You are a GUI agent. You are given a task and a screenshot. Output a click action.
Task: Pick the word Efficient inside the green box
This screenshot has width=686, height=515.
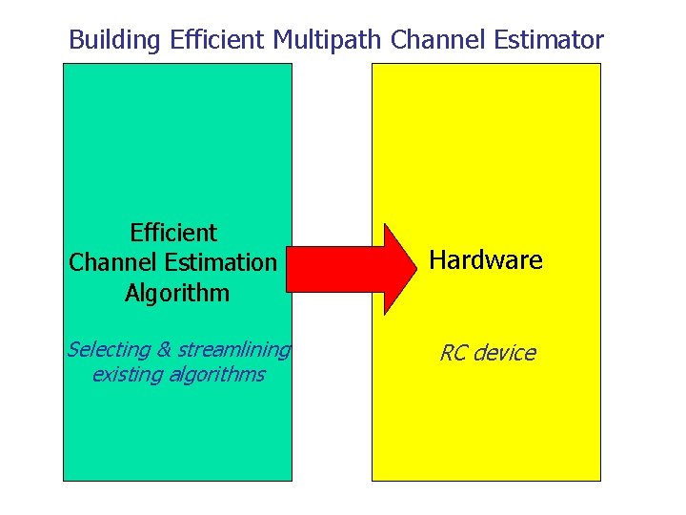tap(173, 233)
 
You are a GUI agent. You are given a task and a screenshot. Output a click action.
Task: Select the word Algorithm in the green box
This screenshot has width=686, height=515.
tap(177, 293)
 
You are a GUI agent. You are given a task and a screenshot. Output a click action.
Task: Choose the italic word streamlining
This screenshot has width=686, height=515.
tap(232, 350)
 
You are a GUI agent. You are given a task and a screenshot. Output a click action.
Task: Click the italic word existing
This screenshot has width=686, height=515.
tap(126, 374)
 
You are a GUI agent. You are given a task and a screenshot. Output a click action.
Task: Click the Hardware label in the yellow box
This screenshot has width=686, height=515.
tap(486, 260)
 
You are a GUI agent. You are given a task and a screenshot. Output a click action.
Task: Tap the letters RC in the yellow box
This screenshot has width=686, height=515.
tap(454, 354)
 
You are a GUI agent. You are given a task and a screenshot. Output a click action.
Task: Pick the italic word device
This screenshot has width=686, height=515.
tap(505, 354)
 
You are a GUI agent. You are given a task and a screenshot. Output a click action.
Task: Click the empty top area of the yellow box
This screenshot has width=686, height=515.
tap(486, 134)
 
